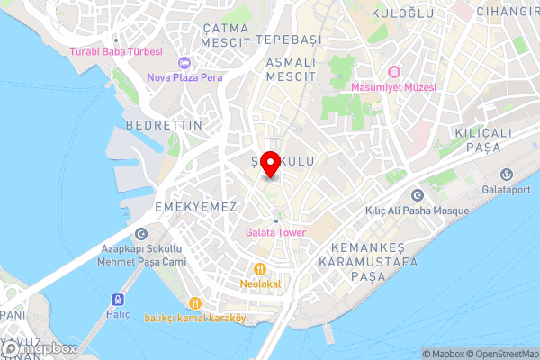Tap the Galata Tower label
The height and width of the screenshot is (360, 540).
(275, 232)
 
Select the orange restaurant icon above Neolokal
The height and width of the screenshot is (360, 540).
(259, 268)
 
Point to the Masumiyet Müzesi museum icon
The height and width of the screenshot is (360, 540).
(392, 72)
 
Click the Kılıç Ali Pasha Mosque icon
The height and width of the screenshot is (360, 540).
(416, 195)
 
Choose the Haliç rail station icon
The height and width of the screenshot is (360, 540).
(116, 299)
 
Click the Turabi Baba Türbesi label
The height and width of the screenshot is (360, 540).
(116, 51)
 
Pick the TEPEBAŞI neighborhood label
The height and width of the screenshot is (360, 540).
(288, 40)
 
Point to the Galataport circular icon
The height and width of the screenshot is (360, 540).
(505, 174)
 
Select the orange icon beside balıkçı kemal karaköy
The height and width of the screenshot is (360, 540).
(125, 317)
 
